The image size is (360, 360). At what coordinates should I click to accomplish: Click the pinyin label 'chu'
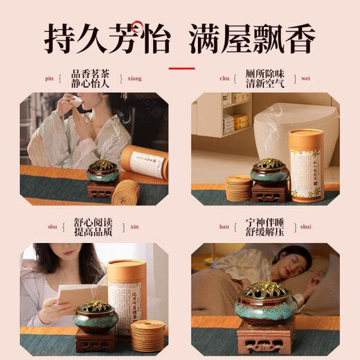point(225,79)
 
